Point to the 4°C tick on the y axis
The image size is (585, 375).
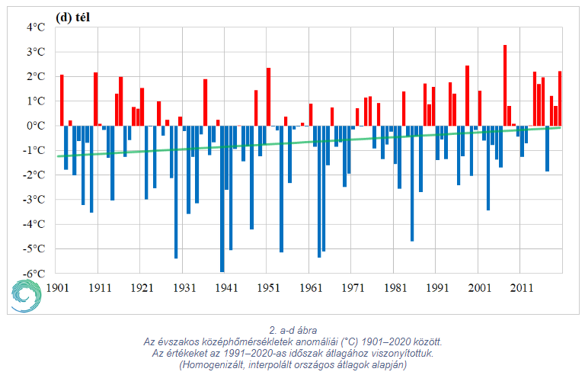[x=36, y=27]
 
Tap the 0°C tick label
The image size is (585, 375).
[x=37, y=126]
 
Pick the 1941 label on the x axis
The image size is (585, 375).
[x=225, y=289]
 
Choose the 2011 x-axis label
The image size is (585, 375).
[x=521, y=289]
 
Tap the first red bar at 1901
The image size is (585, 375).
[x=62, y=100]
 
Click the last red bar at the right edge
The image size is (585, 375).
[x=560, y=98]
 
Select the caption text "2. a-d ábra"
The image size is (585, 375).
[x=293, y=330]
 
